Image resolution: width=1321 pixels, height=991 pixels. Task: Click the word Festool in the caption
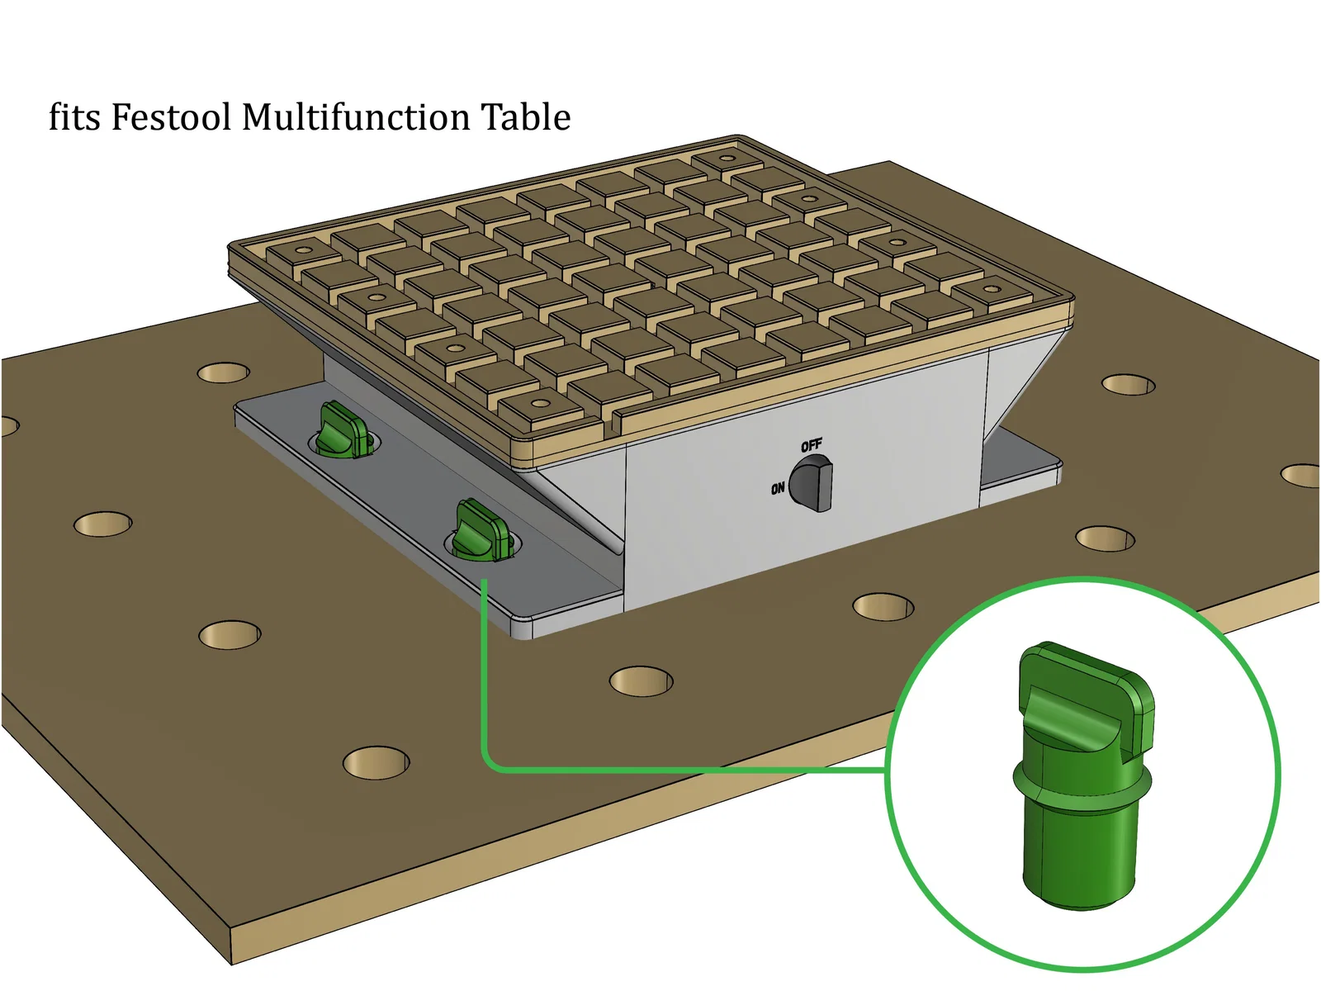tap(170, 117)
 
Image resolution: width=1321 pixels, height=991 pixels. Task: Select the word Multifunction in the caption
tap(355, 117)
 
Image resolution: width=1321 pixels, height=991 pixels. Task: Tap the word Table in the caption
tap(525, 117)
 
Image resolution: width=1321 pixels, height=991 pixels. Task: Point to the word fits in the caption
tap(74, 117)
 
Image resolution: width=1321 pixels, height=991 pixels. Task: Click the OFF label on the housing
tap(812, 446)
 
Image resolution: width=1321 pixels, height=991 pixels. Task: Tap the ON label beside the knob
tap(778, 489)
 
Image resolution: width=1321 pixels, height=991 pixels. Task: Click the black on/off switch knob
tap(811, 483)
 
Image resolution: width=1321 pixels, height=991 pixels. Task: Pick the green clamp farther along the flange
tap(343, 429)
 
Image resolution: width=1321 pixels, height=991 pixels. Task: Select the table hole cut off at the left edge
tap(8, 426)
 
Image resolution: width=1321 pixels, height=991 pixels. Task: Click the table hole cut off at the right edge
tap(1303, 476)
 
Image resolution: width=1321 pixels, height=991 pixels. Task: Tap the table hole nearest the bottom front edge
tap(376, 763)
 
